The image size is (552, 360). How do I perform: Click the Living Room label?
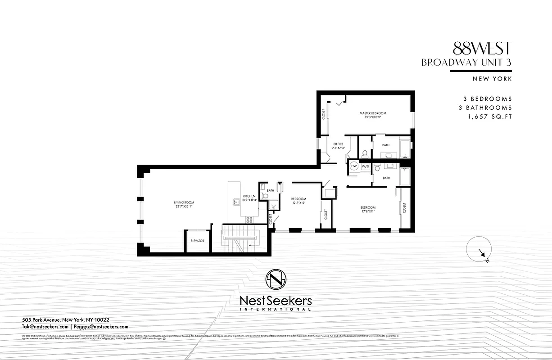pyautogui.click(x=184, y=203)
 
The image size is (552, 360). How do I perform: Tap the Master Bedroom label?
pyautogui.click(x=372, y=113)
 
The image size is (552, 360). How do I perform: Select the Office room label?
pyautogui.click(x=338, y=144)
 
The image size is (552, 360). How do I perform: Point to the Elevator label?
pyautogui.click(x=197, y=241)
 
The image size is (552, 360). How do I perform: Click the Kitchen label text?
pyautogui.click(x=249, y=196)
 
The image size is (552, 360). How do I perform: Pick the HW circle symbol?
pyautogui.click(x=354, y=166)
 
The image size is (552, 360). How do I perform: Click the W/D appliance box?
pyautogui.click(x=365, y=166)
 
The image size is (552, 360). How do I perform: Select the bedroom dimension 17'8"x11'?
pyautogui.click(x=368, y=211)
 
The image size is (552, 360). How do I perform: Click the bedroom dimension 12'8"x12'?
pyautogui.click(x=298, y=202)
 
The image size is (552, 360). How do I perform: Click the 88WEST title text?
pyautogui.click(x=483, y=48)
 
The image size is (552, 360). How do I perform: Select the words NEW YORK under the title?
pyautogui.click(x=492, y=79)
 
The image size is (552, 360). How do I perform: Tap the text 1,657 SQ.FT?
pyautogui.click(x=490, y=117)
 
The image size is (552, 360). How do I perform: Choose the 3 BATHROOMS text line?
pyautogui.click(x=488, y=108)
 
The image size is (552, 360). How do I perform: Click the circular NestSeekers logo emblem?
pyautogui.click(x=276, y=280)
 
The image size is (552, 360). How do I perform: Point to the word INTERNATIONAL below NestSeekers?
pyautogui.click(x=276, y=310)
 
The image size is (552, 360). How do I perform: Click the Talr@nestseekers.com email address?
pyautogui.click(x=45, y=327)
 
